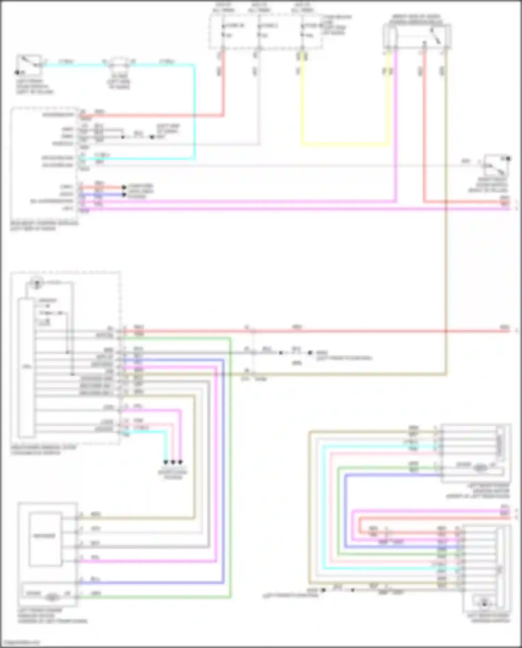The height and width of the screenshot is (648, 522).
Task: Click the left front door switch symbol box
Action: click(x=30, y=65)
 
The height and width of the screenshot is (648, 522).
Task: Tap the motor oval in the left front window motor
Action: click(x=52, y=597)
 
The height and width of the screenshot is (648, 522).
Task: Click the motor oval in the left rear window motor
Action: click(x=480, y=468)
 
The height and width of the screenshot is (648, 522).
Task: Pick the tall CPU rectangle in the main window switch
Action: click(x=26, y=367)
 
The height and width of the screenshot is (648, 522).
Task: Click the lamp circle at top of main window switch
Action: click(x=36, y=283)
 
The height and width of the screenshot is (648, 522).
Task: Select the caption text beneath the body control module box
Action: click(x=44, y=226)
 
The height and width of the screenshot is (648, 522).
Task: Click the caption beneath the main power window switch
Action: click(x=43, y=450)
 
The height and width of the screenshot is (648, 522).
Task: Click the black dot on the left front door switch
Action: click(x=17, y=72)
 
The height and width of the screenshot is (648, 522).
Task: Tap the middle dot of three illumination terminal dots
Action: click(x=173, y=462)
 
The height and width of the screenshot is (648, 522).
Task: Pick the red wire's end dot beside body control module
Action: click(x=124, y=187)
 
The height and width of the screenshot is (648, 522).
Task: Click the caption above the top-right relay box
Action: click(x=416, y=19)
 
